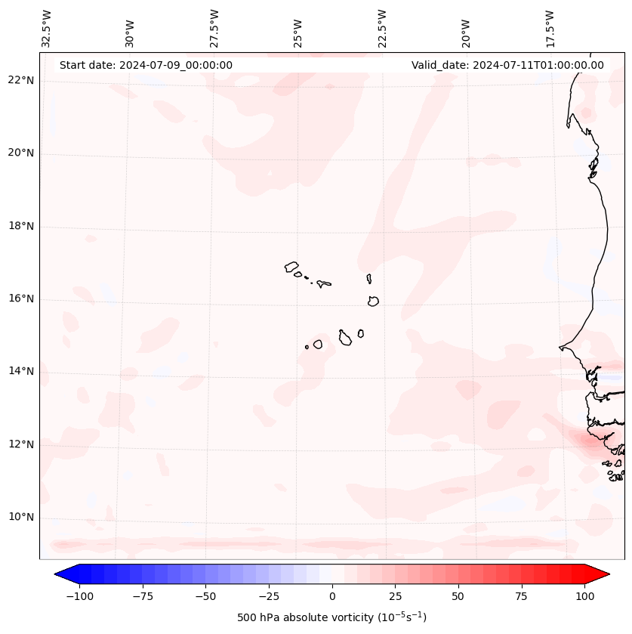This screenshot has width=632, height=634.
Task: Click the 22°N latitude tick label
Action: click(x=20, y=80)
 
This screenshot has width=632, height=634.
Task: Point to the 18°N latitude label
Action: click(x=20, y=226)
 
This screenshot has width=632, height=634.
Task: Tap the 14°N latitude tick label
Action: click(x=20, y=371)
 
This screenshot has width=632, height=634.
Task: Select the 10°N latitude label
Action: click(x=20, y=517)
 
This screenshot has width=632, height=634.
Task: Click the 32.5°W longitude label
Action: click(x=47, y=28)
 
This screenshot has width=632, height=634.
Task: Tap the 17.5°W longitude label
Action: click(x=550, y=28)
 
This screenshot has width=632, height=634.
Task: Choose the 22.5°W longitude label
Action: click(x=382, y=28)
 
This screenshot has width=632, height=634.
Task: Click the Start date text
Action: click(x=146, y=65)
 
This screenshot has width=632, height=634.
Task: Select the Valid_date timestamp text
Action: click(x=507, y=65)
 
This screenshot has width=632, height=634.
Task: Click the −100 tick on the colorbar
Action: click(x=79, y=595)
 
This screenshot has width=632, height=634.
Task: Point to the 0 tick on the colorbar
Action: click(x=332, y=595)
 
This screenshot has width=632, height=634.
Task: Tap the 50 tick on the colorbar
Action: click(x=458, y=595)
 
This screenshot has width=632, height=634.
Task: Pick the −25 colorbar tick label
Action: click(x=269, y=595)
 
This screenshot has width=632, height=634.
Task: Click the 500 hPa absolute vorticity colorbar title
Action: click(x=332, y=617)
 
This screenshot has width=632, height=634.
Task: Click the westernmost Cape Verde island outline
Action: click(x=291, y=267)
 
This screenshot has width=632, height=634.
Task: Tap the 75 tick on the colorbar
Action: click(x=522, y=595)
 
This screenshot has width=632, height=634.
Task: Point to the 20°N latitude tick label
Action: click(x=20, y=153)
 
